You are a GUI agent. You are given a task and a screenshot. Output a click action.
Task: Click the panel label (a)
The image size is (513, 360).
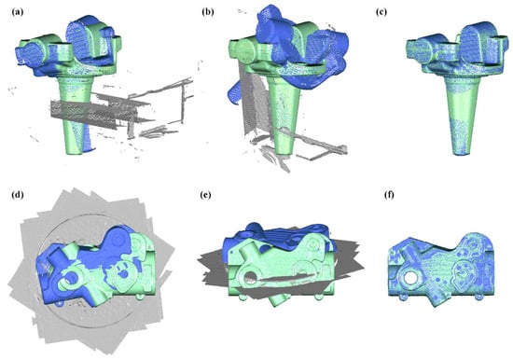(18, 13)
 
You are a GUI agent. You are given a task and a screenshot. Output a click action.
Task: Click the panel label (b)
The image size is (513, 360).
(208, 12)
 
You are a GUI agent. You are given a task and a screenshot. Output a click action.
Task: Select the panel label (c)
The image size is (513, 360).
(381, 12)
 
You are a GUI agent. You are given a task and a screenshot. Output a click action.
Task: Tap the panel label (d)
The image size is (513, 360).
(18, 195)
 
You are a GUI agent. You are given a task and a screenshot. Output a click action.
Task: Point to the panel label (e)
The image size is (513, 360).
(205, 195)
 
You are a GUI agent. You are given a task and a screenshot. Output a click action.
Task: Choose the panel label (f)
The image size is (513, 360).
(389, 195)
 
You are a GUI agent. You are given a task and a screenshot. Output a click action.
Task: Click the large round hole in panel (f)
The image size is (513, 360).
(409, 278)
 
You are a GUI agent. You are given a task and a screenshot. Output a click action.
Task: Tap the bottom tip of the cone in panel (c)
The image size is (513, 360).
(462, 153)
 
